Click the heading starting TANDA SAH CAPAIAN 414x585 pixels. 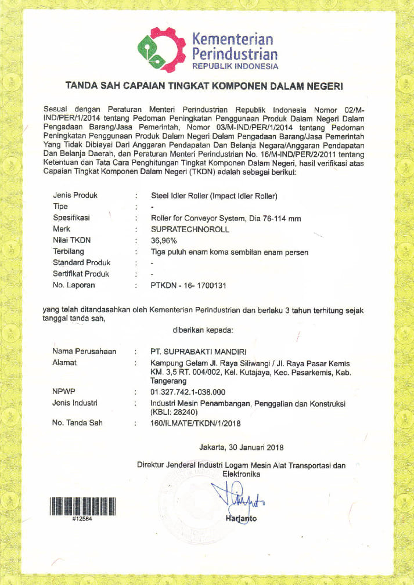coord(204,86)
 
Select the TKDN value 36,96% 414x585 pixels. coord(163,239)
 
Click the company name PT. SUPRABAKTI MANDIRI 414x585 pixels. coord(199,352)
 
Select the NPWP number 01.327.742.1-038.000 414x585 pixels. coord(188,392)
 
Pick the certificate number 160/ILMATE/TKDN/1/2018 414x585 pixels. coord(195,423)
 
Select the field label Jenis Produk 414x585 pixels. coord(75,196)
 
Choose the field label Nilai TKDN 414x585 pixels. coord(72,239)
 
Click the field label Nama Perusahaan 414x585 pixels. coord(84,352)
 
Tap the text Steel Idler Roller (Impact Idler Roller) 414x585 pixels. coord(214,196)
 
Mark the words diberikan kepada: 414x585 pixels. coord(203,330)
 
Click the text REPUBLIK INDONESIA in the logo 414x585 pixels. coord(235,66)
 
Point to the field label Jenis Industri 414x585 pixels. coord(75,402)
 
